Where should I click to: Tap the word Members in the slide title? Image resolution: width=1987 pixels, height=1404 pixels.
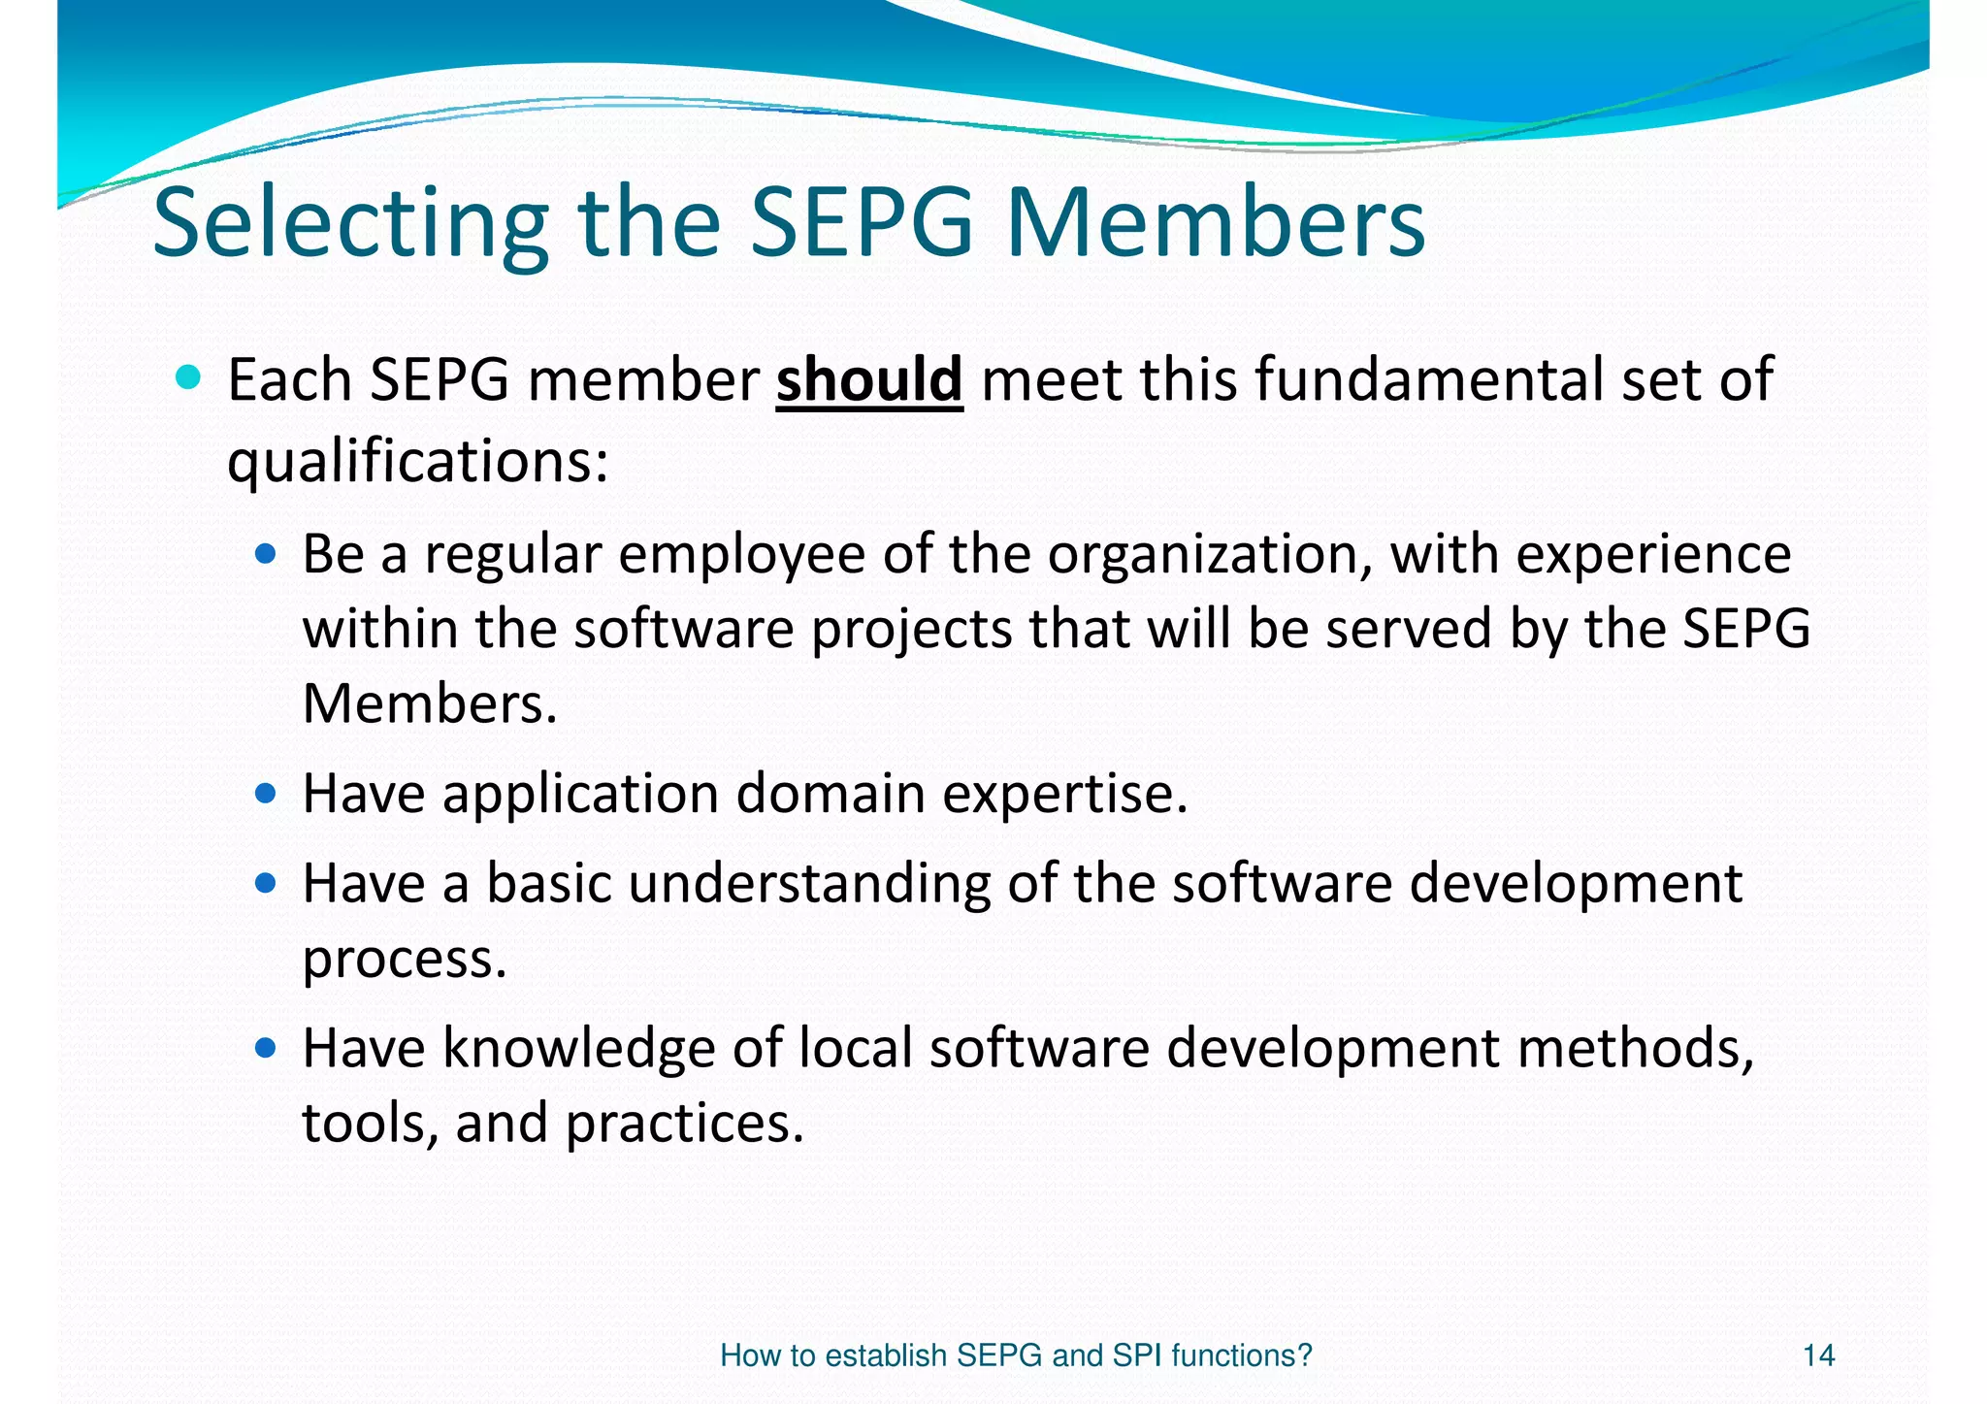[x=1216, y=223]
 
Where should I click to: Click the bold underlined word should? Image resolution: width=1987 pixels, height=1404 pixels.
[x=869, y=379]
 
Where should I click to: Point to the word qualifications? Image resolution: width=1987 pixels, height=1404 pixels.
[x=417, y=461]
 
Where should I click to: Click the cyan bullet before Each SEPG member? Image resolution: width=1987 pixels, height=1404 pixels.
[x=188, y=377]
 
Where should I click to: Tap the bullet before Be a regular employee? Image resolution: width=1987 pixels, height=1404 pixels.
[x=265, y=555]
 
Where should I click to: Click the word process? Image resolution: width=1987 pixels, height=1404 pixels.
[x=405, y=960]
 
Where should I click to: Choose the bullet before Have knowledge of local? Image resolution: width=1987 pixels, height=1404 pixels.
[x=265, y=1049]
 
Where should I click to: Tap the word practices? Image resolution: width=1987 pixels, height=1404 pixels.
[x=684, y=1124]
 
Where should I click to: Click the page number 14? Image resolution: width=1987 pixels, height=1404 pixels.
[x=1818, y=1355]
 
